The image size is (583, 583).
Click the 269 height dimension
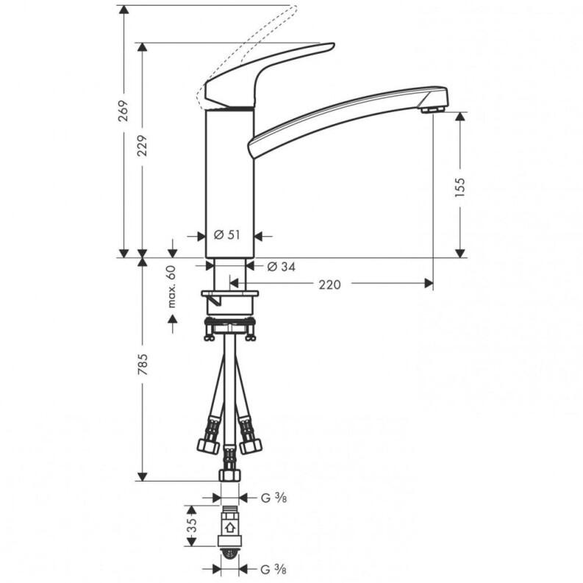tap(124, 110)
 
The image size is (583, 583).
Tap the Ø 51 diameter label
tap(227, 235)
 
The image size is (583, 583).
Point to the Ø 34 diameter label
tap(281, 266)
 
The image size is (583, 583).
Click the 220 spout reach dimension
tap(329, 284)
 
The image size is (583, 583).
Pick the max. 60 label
tap(172, 285)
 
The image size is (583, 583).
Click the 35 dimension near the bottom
tap(191, 525)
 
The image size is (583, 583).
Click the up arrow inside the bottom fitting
tap(229, 526)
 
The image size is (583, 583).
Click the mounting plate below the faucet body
tap(229, 297)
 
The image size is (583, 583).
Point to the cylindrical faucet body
tap(229, 184)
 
